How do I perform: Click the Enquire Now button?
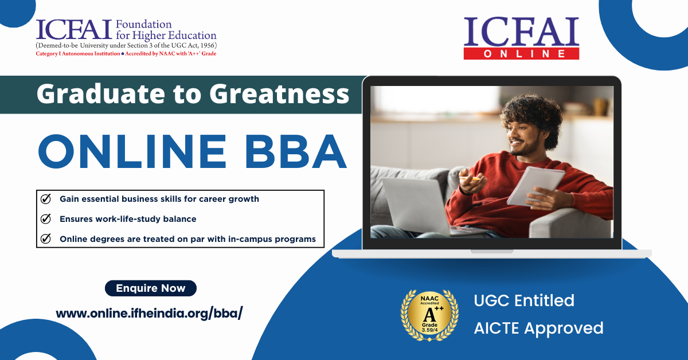pyautogui.click(x=150, y=288)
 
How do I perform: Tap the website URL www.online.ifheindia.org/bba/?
pyautogui.click(x=149, y=314)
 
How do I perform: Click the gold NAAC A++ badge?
pyautogui.click(x=429, y=315)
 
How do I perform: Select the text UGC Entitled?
pyautogui.click(x=523, y=300)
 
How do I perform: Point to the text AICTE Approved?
pyautogui.click(x=538, y=328)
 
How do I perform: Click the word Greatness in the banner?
pyautogui.click(x=279, y=94)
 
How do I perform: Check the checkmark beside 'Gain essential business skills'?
pyautogui.click(x=46, y=199)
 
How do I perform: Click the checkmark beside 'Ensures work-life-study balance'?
pyautogui.click(x=46, y=219)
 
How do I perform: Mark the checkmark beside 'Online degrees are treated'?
pyautogui.click(x=46, y=239)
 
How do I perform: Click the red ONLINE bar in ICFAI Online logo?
pyautogui.click(x=521, y=54)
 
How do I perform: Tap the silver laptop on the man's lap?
pyautogui.click(x=413, y=204)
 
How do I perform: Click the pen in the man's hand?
pyautogui.click(x=475, y=179)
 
